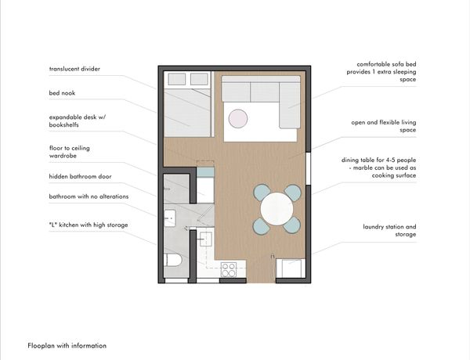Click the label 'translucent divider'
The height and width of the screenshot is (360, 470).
(x=74, y=69)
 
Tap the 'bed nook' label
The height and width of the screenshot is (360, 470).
(x=62, y=93)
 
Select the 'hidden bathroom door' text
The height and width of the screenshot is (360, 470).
(x=80, y=176)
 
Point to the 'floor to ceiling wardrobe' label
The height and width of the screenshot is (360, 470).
(x=69, y=152)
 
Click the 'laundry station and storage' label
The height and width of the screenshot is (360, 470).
(x=389, y=230)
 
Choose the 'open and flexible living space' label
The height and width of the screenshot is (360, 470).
(x=384, y=126)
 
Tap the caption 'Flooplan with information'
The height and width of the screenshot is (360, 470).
(x=67, y=346)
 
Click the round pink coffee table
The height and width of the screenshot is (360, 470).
(x=238, y=119)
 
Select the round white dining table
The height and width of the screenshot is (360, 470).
(x=277, y=209)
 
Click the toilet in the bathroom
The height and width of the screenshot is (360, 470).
(x=172, y=261)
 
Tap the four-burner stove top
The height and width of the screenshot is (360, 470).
(x=229, y=269)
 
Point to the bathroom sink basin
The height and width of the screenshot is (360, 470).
(x=170, y=218)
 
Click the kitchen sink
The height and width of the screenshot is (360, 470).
(x=205, y=239)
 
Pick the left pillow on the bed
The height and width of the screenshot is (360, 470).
(x=176, y=79)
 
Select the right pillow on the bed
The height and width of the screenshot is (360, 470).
(x=199, y=79)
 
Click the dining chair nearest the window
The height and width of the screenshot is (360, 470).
(x=292, y=193)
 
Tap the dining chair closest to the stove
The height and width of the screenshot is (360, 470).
(x=262, y=225)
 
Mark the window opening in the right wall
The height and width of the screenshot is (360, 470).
(x=308, y=168)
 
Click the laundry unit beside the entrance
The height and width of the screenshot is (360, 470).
(x=291, y=268)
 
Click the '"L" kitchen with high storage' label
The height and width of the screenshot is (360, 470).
(x=89, y=225)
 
